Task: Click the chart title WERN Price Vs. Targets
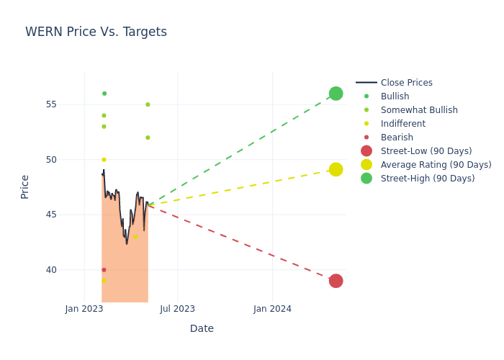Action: tap(96, 32)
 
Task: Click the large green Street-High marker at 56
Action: tap(336, 94)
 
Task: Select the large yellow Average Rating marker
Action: tap(336, 169)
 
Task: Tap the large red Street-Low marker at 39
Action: tap(336, 281)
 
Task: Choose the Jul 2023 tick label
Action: tap(177, 309)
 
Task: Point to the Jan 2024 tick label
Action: tap(272, 309)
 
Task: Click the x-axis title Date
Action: tap(202, 328)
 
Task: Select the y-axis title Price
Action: tap(25, 186)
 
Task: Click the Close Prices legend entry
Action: tap(406, 83)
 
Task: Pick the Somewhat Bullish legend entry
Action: tap(419, 110)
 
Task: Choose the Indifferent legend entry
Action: tap(402, 124)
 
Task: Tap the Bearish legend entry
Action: tap(397, 138)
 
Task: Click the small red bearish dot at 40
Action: tap(104, 270)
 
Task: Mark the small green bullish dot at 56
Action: tap(104, 94)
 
